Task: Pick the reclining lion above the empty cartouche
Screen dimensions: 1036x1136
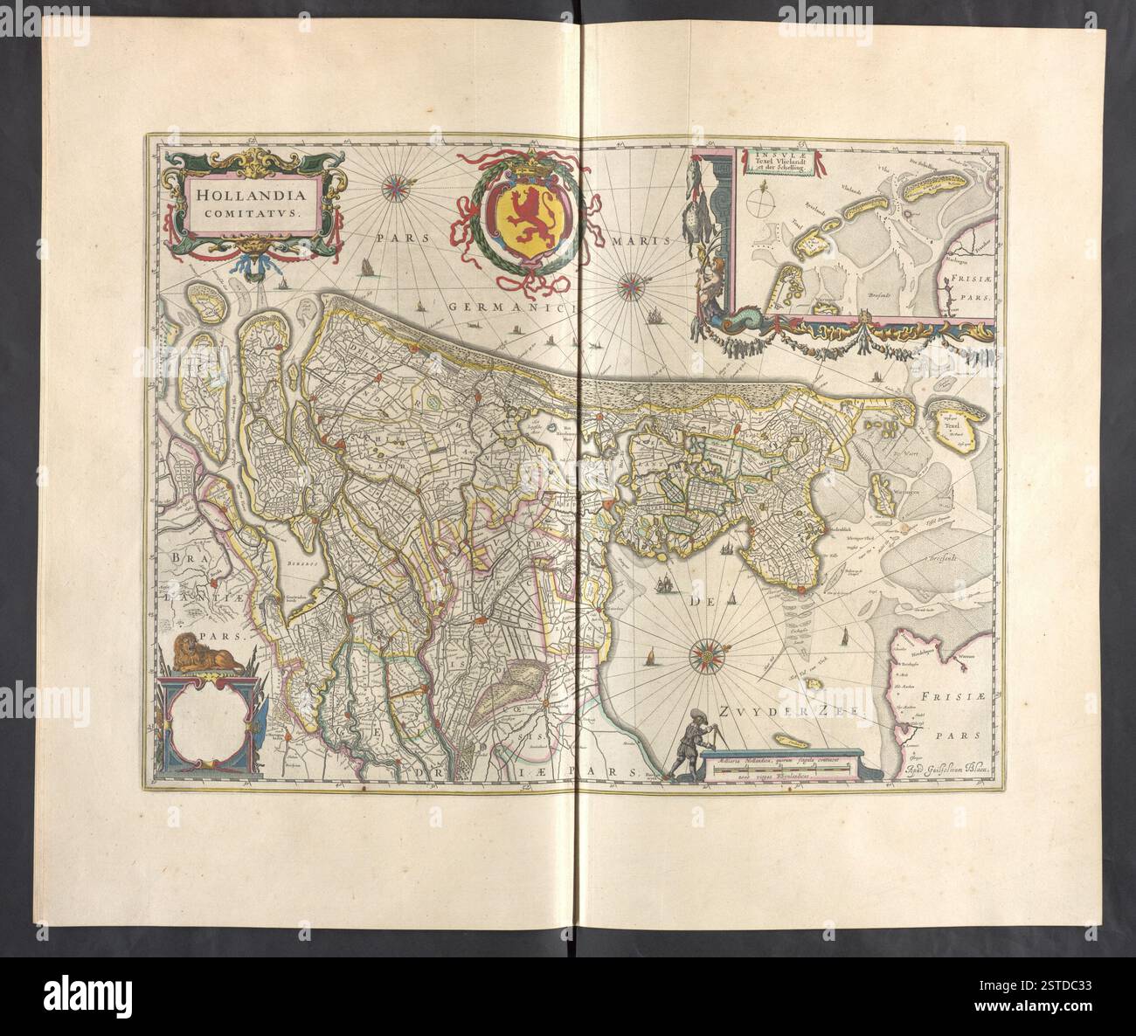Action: click(207, 654)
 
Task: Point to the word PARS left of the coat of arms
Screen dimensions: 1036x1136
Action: click(398, 238)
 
